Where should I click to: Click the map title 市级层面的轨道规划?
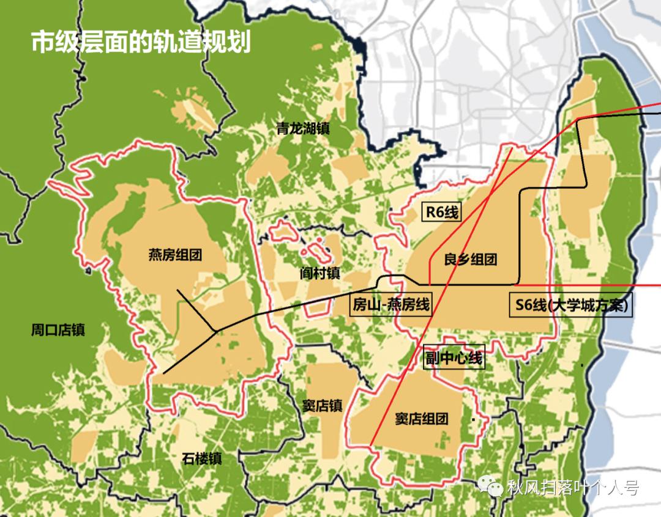tap(141, 42)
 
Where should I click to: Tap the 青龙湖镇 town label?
tap(302, 129)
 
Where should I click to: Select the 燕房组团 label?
tap(174, 254)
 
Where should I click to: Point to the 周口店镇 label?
tap(58, 331)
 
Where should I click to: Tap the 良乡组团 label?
tap(470, 259)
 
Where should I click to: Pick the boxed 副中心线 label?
tap(454, 358)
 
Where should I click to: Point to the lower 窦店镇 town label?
tap(322, 406)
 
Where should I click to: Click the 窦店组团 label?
tap(421, 419)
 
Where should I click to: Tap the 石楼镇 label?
tap(201, 458)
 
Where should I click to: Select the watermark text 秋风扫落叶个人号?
tap(573, 488)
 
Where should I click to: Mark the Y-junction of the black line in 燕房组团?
tap(215, 331)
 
